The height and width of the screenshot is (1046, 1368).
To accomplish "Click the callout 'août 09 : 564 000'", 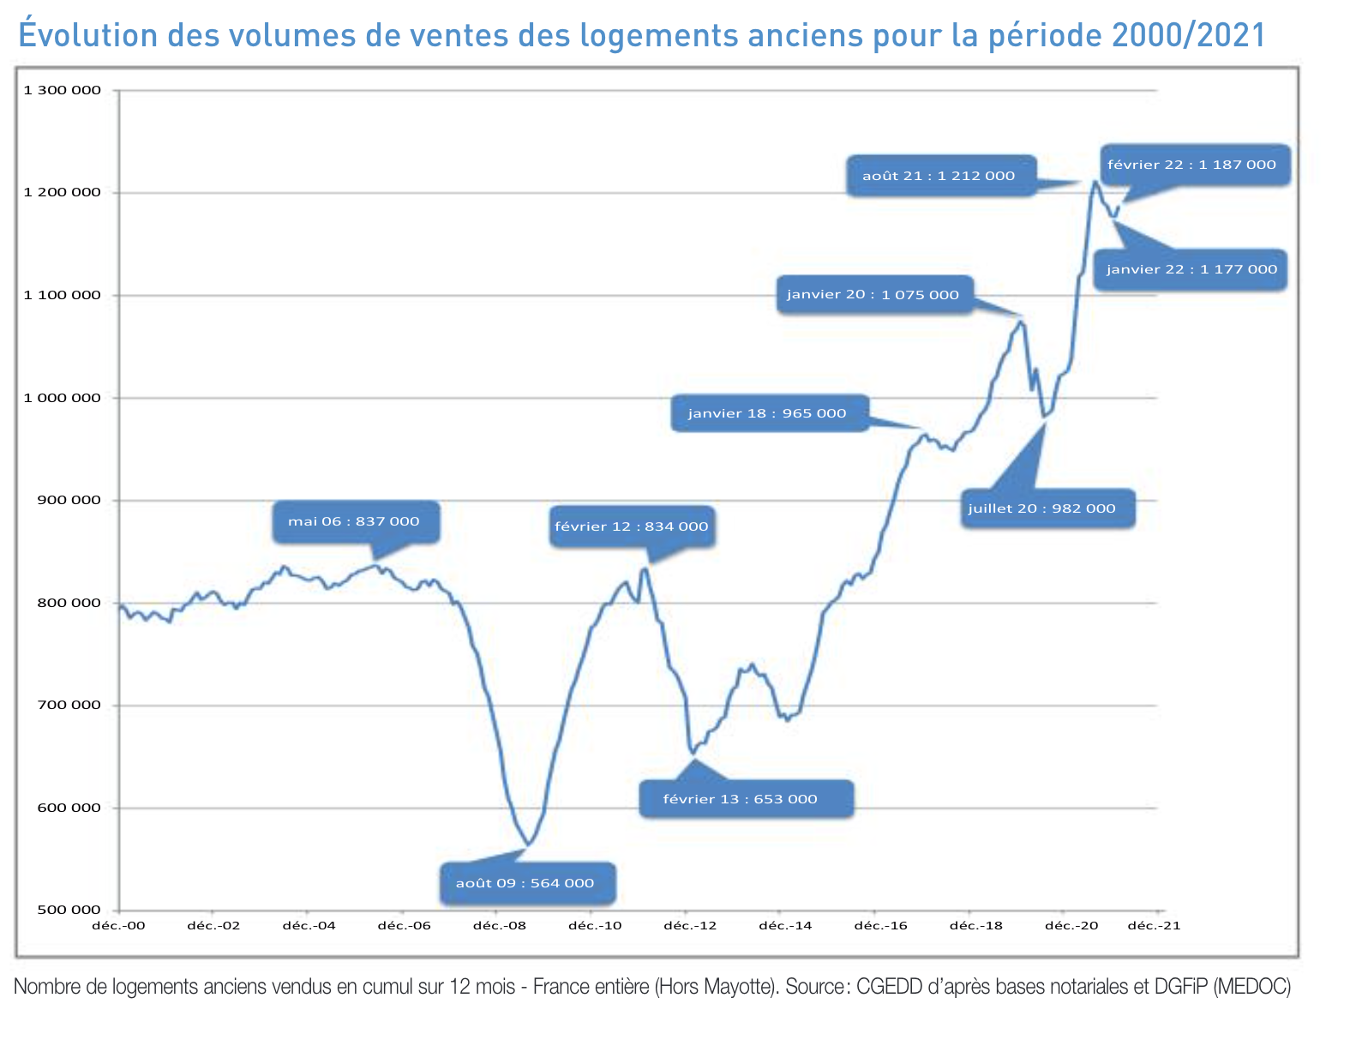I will click(x=526, y=883).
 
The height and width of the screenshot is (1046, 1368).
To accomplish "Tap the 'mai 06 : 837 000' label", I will click(x=355, y=521).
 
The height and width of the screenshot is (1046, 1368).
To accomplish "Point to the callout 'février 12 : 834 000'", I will click(x=632, y=526).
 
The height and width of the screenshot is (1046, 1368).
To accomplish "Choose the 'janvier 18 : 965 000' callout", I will click(x=768, y=413).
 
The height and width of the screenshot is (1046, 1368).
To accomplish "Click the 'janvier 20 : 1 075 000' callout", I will click(x=873, y=295).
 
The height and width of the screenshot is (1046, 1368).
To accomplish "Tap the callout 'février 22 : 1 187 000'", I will click(x=1193, y=165).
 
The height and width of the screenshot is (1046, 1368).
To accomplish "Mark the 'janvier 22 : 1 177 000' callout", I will click(x=1191, y=269).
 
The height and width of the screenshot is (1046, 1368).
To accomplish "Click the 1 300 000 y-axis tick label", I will click(x=62, y=90).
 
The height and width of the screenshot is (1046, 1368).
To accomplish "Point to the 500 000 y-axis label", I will click(x=69, y=910).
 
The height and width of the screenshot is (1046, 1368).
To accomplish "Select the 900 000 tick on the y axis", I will click(x=69, y=500).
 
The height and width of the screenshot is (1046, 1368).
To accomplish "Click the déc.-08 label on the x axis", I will click(x=500, y=926).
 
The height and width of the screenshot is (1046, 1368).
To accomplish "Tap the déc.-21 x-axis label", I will click(x=1154, y=926).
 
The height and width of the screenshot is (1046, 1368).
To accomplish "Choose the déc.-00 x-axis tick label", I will click(x=119, y=926).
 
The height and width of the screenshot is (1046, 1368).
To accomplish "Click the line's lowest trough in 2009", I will click(x=529, y=845).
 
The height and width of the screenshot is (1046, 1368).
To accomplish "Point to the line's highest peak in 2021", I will click(x=1095, y=182).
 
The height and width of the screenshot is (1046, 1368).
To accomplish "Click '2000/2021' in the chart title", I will click(x=1188, y=35).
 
